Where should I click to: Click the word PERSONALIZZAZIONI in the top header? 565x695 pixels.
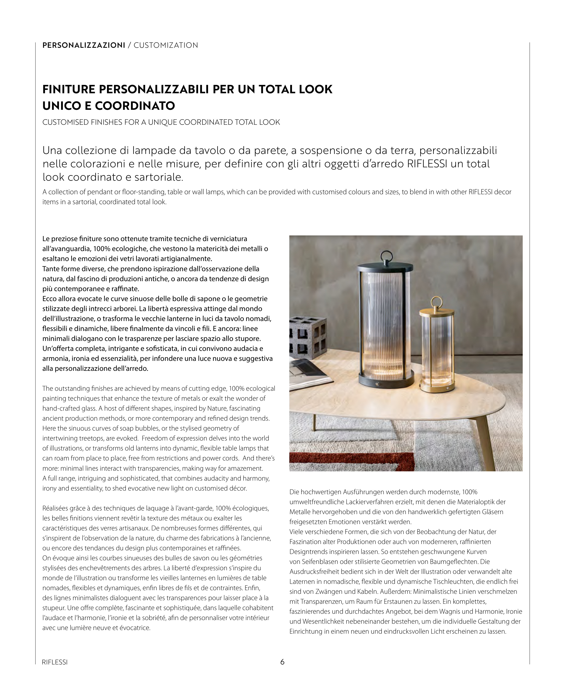pos(84,45)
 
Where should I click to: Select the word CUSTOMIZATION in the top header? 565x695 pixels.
pos(166,45)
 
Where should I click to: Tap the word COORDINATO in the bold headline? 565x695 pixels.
pos(135,106)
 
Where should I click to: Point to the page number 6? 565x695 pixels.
pos(282,662)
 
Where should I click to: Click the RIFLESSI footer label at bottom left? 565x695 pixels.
pos(55,662)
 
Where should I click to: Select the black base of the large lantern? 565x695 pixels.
pos(386,380)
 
